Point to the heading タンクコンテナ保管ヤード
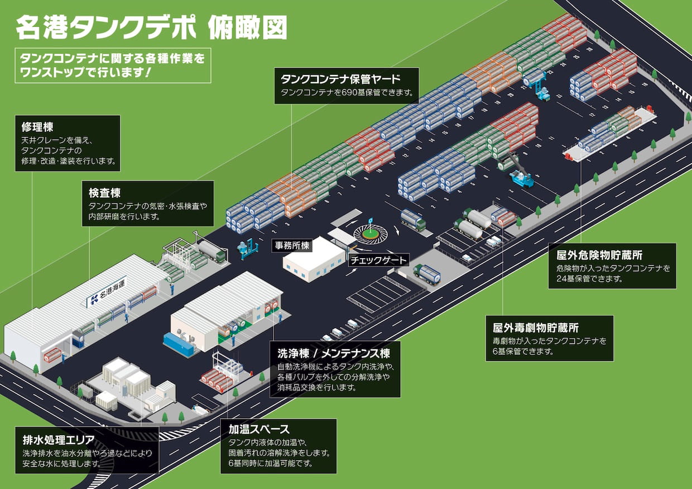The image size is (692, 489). point(341,78)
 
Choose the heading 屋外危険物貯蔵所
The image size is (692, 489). point(599,255)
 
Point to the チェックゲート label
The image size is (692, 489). point(378,260)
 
